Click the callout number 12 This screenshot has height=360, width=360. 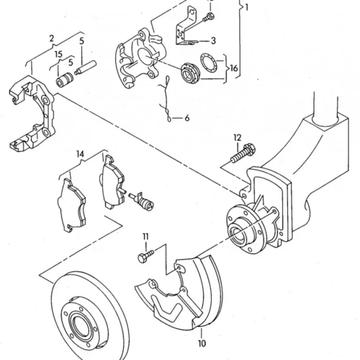[237, 138]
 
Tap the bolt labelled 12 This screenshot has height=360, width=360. [243, 153]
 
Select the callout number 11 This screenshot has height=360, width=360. [145, 237]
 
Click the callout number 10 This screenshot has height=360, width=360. [202, 343]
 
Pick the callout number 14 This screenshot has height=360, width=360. [81, 154]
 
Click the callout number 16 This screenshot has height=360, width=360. [234, 68]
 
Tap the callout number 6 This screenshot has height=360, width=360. [186, 118]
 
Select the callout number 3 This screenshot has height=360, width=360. [213, 41]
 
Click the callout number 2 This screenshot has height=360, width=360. [52, 38]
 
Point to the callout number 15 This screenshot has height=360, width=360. [58, 55]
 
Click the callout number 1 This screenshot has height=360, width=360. [246, 7]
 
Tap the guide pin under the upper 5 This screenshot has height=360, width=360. [86, 68]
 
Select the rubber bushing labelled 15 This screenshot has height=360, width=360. [65, 80]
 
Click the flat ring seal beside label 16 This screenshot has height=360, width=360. [209, 62]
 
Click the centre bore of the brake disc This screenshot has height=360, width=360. [81, 325]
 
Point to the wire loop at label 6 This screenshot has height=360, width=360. [166, 99]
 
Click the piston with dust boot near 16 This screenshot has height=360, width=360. [190, 73]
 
